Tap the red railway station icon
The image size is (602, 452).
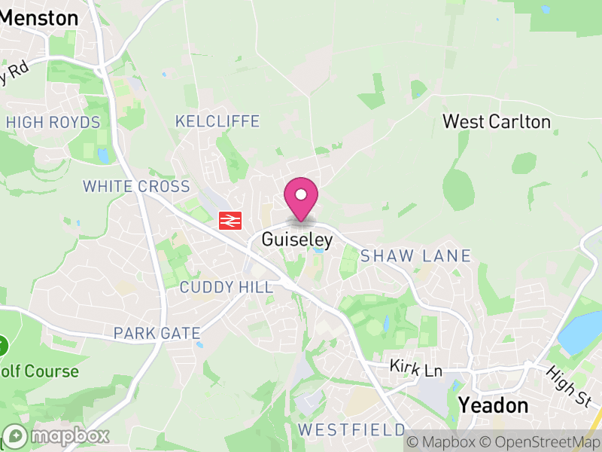point(230,220)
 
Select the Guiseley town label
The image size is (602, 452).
point(297,240)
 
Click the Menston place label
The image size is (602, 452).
point(39,17)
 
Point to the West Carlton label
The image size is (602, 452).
point(497,121)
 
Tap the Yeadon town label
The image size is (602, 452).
point(494,405)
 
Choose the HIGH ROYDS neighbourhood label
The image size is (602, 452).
point(53,123)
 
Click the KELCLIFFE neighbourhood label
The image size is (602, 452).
point(217,121)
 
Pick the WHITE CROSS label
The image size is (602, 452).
point(136,186)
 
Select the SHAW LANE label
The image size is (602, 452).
point(415,256)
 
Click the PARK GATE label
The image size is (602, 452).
point(157,333)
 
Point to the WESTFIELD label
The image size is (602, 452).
point(351,430)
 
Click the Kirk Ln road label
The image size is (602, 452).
point(415,368)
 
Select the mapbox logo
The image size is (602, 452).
point(56,436)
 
